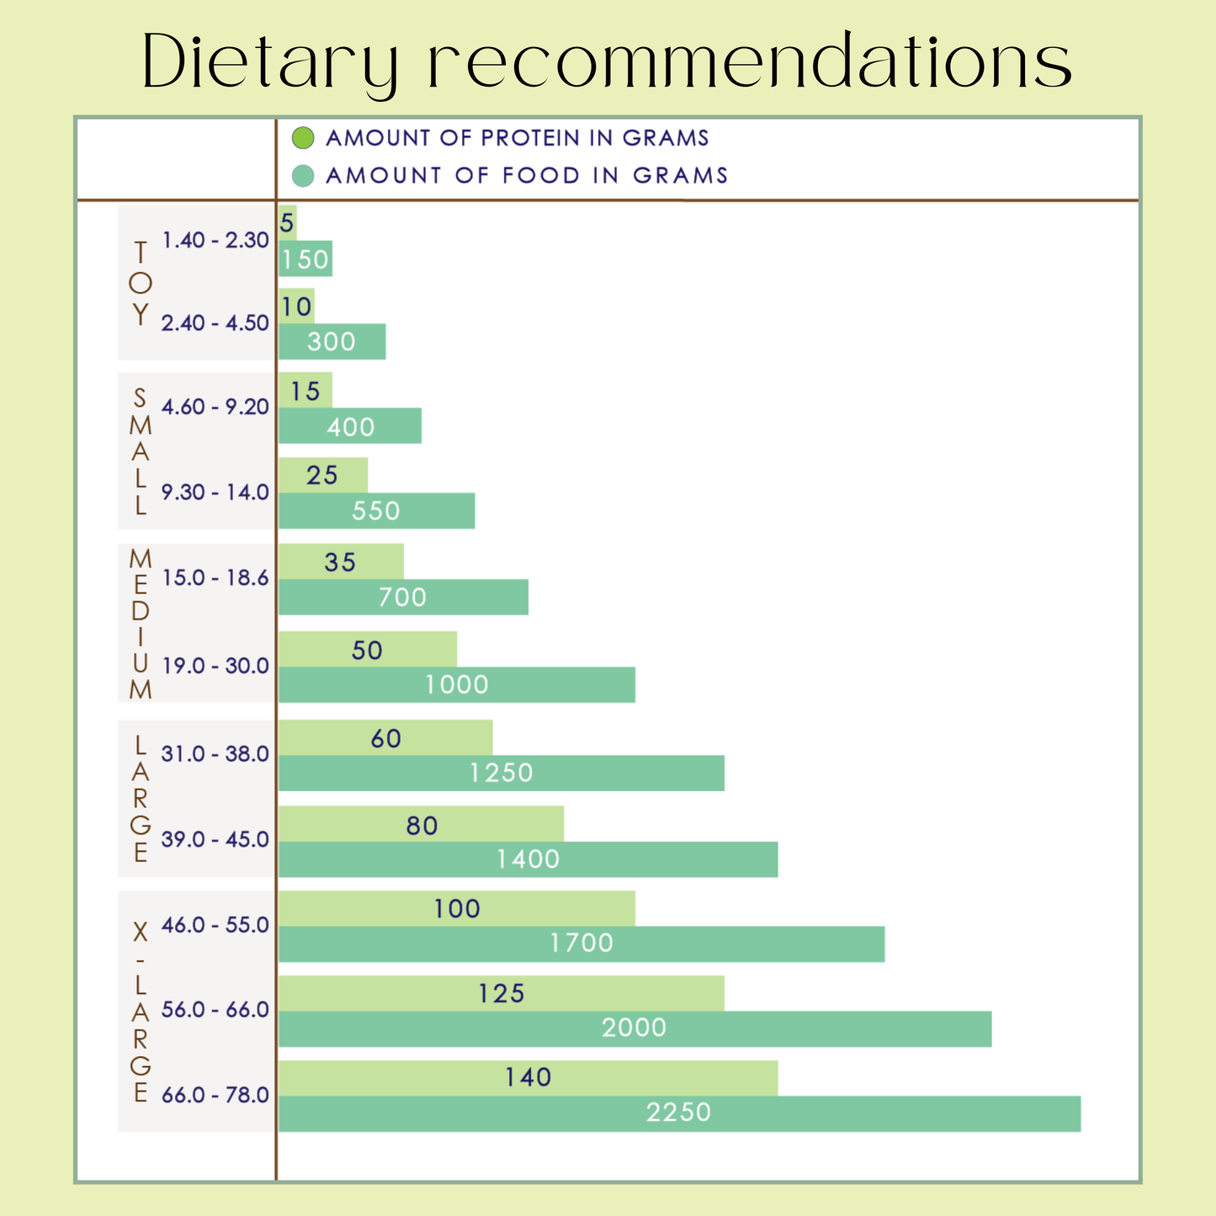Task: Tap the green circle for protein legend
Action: (x=302, y=137)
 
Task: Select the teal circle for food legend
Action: (x=302, y=175)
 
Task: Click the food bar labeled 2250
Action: (x=678, y=1113)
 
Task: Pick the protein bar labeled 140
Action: (x=528, y=1078)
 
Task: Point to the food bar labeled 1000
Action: (x=456, y=684)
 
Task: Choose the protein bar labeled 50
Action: (x=367, y=649)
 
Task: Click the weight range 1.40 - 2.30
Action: (x=215, y=241)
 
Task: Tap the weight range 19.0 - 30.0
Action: (x=215, y=666)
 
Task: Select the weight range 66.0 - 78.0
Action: (x=215, y=1096)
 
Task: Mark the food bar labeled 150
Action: (x=305, y=259)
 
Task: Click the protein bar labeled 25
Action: (x=322, y=475)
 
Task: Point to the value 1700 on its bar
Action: (x=581, y=943)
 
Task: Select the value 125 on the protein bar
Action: (x=502, y=994)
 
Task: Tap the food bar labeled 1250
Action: (x=501, y=773)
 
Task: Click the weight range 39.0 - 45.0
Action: (x=215, y=840)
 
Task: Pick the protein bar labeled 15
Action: (x=305, y=390)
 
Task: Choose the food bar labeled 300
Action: (x=332, y=342)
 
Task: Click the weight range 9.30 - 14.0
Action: (x=215, y=492)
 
